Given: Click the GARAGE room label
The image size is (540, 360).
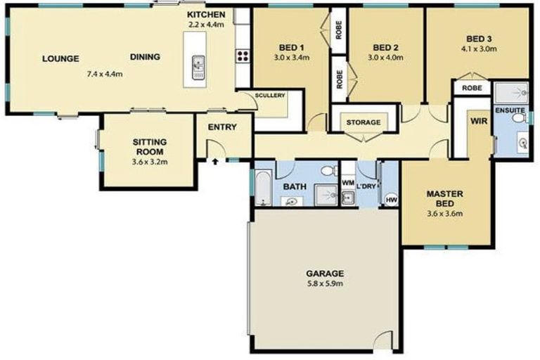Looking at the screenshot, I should click(x=324, y=273).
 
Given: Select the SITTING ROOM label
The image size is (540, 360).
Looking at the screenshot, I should click(x=148, y=146).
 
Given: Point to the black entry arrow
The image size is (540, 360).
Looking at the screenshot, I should click(x=215, y=161).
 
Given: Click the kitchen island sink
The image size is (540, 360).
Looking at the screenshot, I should click(x=198, y=67).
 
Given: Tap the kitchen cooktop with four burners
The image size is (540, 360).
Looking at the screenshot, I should click(x=243, y=56).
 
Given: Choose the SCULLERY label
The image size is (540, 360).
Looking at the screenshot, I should click(x=269, y=95).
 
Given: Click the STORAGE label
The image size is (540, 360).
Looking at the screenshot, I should click(x=363, y=122).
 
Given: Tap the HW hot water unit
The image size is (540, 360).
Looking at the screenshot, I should click(x=390, y=200).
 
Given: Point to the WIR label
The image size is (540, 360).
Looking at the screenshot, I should click(x=479, y=120).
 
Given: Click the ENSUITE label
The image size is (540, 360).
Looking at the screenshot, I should click(x=510, y=110).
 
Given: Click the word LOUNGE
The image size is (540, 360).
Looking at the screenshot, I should click(x=60, y=58).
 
